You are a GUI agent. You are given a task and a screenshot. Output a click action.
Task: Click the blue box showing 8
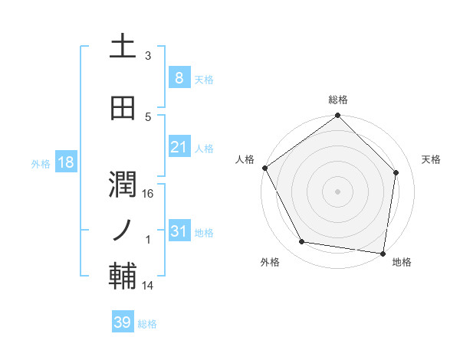point(179,77)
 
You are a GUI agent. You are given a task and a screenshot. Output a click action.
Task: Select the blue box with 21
point(179,147)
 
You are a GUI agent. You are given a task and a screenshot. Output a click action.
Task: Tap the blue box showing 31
point(179,231)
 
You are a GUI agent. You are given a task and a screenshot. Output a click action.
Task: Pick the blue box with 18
point(65,162)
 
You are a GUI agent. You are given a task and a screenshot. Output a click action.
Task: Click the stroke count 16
point(149,195)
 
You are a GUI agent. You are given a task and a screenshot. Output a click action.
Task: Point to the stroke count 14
point(148,286)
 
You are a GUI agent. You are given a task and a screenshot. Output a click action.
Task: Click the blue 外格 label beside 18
point(41,163)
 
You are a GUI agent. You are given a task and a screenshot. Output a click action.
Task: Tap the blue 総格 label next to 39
point(147,324)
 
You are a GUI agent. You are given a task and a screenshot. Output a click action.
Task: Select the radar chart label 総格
point(337,100)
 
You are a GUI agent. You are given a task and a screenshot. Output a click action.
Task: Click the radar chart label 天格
point(432,159)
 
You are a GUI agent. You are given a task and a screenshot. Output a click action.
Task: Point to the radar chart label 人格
point(245,159)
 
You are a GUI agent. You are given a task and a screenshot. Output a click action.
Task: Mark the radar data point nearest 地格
point(383,253)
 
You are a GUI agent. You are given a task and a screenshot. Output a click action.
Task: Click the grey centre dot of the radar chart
point(337,191)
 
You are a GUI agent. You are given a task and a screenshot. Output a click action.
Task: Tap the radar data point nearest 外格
point(302,242)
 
